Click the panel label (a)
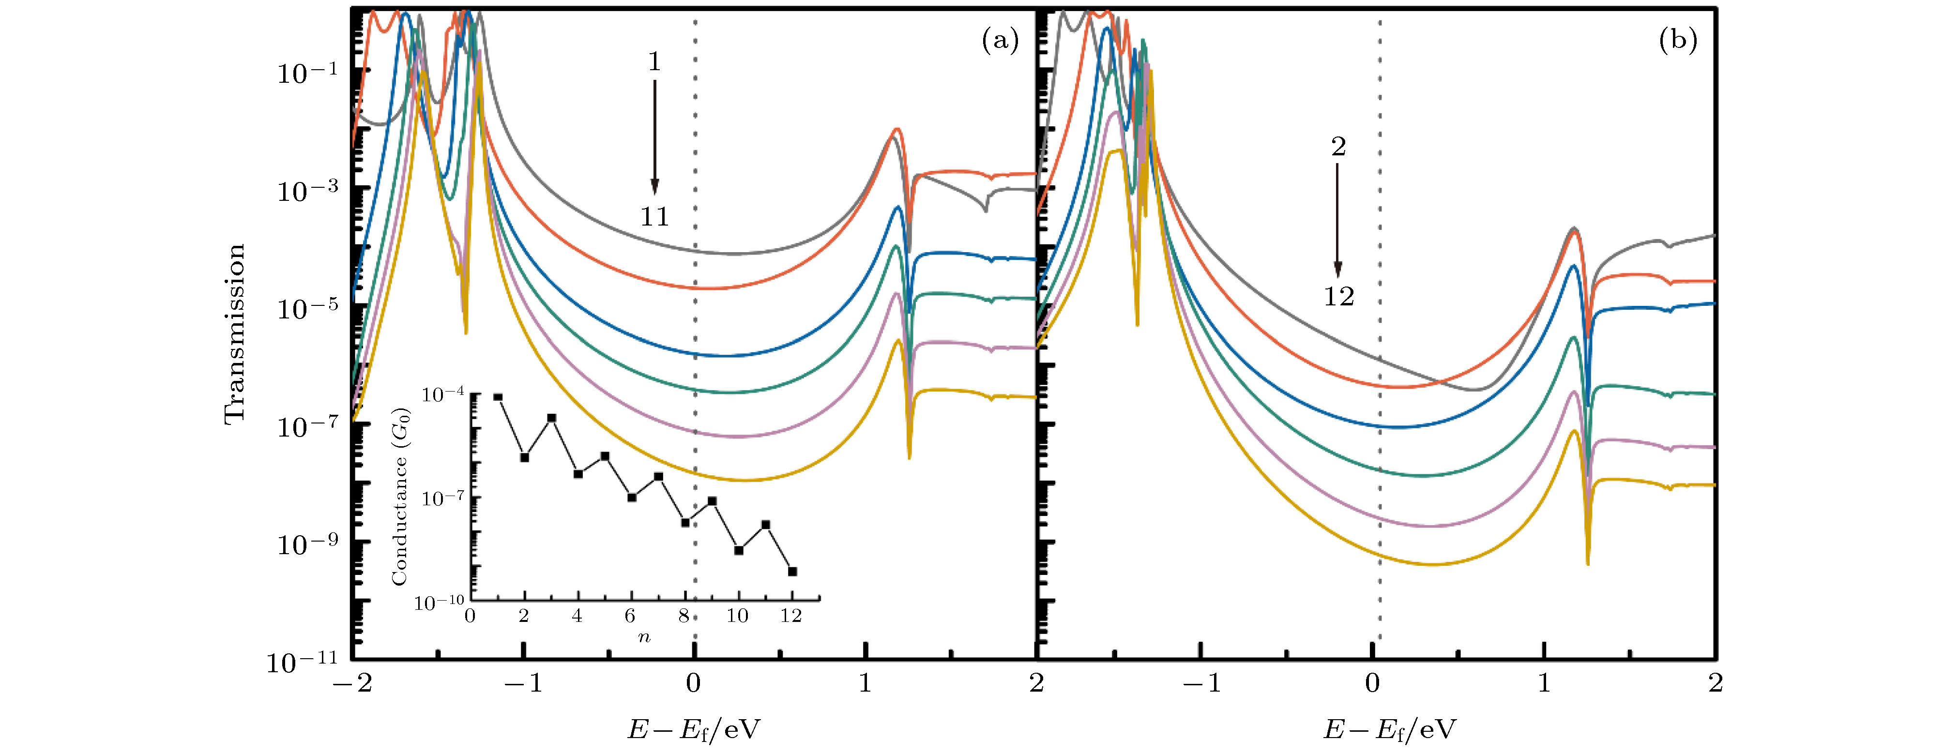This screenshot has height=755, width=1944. (x=1000, y=40)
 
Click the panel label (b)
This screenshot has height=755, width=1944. (x=1678, y=40)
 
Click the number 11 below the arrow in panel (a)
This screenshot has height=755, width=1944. (x=654, y=217)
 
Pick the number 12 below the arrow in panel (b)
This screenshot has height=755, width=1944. (x=1339, y=296)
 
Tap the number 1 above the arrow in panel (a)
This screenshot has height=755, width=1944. (x=654, y=62)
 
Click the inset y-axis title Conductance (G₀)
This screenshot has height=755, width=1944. (x=400, y=496)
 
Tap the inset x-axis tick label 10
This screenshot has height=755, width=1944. (x=737, y=616)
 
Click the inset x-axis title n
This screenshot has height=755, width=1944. (x=644, y=637)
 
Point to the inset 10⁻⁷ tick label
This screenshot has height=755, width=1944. (x=443, y=498)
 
